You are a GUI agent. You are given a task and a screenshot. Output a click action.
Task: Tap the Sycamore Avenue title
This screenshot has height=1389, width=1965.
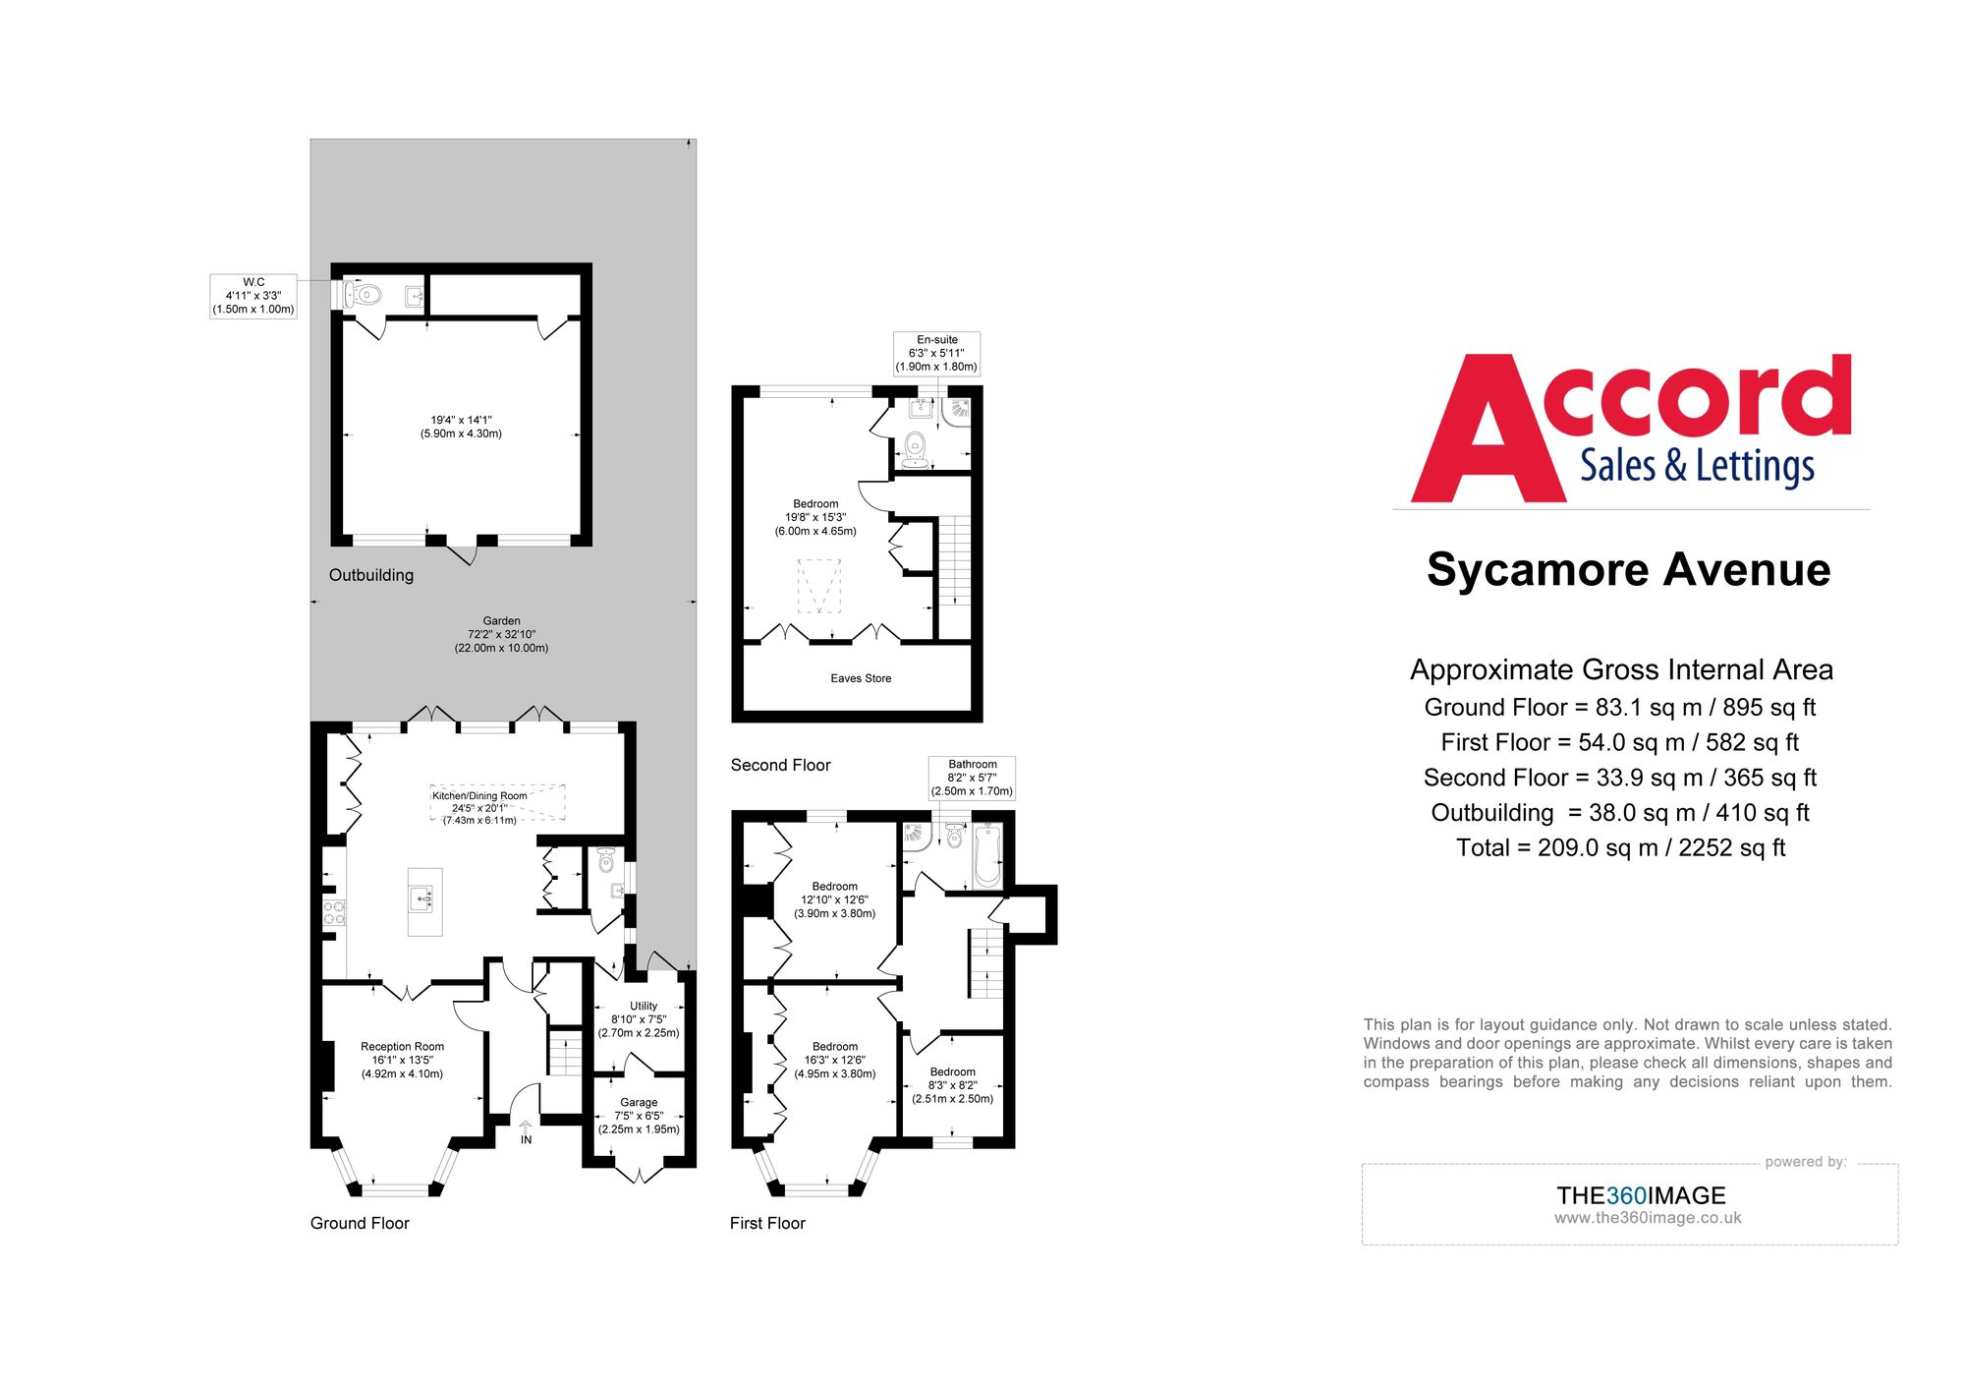(1628, 570)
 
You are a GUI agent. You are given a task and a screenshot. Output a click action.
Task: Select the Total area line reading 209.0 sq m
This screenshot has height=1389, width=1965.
(1620, 848)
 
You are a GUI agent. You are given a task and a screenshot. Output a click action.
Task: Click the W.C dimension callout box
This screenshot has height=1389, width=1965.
(253, 296)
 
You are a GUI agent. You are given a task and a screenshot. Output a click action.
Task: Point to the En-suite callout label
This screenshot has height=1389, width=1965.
(936, 354)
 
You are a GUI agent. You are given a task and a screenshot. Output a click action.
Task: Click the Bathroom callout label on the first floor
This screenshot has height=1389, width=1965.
(972, 778)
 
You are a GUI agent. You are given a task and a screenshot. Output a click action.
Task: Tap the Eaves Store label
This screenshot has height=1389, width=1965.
(861, 678)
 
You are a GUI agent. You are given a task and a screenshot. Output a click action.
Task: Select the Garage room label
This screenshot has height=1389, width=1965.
(639, 1116)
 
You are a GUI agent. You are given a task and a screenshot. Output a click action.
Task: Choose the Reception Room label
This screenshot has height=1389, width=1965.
(402, 1060)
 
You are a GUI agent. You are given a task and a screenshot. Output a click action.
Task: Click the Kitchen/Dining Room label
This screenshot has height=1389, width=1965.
(479, 807)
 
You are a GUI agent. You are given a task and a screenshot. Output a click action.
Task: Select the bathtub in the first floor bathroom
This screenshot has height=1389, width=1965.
(986, 855)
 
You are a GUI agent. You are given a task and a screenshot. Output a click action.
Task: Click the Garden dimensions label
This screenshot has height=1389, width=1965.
(501, 635)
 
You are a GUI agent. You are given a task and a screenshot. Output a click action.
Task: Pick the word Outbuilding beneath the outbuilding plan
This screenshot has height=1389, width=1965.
(371, 575)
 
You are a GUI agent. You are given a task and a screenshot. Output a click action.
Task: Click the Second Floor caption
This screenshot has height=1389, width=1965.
(780, 765)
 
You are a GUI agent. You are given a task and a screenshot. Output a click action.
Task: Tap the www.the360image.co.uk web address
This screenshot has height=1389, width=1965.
(1647, 1218)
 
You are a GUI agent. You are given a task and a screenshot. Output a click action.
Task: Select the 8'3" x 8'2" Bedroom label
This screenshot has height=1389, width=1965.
(952, 1085)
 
